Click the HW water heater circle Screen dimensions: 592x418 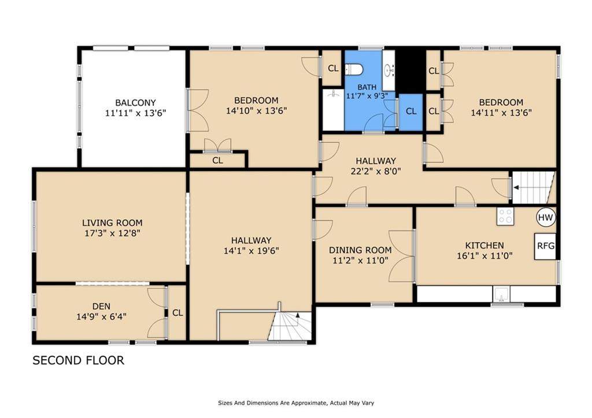tap(546, 217)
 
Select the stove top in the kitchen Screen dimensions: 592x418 tap(505, 217)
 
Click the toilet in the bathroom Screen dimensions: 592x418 tap(354, 69)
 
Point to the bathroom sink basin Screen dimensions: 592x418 tap(389, 70)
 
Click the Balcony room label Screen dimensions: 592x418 tap(135, 103)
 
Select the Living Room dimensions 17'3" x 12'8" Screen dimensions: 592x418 tap(113, 234)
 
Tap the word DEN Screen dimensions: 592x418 tap(102, 306)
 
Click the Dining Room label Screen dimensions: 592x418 tap(360, 250)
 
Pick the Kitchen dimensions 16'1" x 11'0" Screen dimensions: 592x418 tap(484, 256)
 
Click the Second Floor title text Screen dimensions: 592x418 tap(78, 361)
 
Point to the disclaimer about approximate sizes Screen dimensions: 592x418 tap(296, 403)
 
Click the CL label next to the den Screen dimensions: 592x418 tap(177, 313)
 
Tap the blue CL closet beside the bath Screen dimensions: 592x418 tap(411, 112)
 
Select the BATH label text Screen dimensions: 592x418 tap(367, 87)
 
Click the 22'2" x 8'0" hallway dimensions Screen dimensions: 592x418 tap(376, 171)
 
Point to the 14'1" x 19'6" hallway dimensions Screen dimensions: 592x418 tap(251, 251)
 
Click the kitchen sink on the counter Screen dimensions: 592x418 tap(501, 294)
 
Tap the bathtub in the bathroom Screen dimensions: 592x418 tap(333, 109)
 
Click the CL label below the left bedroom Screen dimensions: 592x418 tap(217, 161)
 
